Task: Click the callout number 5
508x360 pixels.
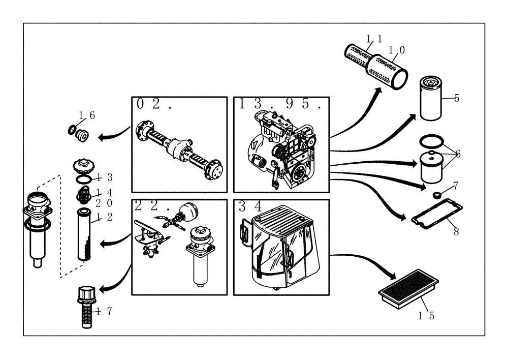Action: point(456,98)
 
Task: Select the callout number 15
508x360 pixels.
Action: point(426,315)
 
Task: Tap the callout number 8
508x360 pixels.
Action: point(456,232)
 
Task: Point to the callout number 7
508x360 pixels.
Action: point(456,185)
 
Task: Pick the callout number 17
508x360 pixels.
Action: point(102,311)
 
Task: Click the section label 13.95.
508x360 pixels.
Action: point(280,105)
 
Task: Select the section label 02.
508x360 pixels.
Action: point(154,105)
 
